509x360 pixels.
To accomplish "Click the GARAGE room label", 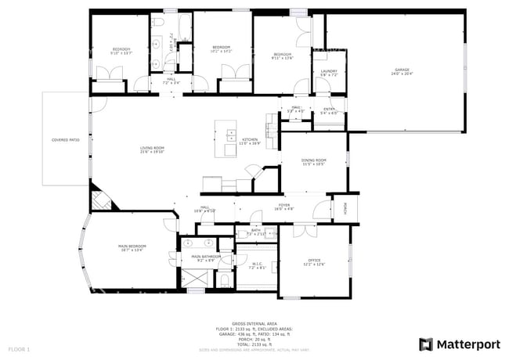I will point(401,71).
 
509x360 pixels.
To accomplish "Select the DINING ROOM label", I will point(313,161).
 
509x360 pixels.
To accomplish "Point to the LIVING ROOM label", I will point(152,149).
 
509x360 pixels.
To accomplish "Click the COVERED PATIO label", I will point(66,140).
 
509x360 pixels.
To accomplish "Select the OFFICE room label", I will point(314,261).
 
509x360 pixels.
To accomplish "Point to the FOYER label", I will point(283,207).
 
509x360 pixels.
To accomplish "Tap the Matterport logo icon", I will point(425,344).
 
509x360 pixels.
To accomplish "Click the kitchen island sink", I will point(231,134).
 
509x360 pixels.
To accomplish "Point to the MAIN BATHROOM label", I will point(207,257).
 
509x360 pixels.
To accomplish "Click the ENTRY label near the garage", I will point(329,110).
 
